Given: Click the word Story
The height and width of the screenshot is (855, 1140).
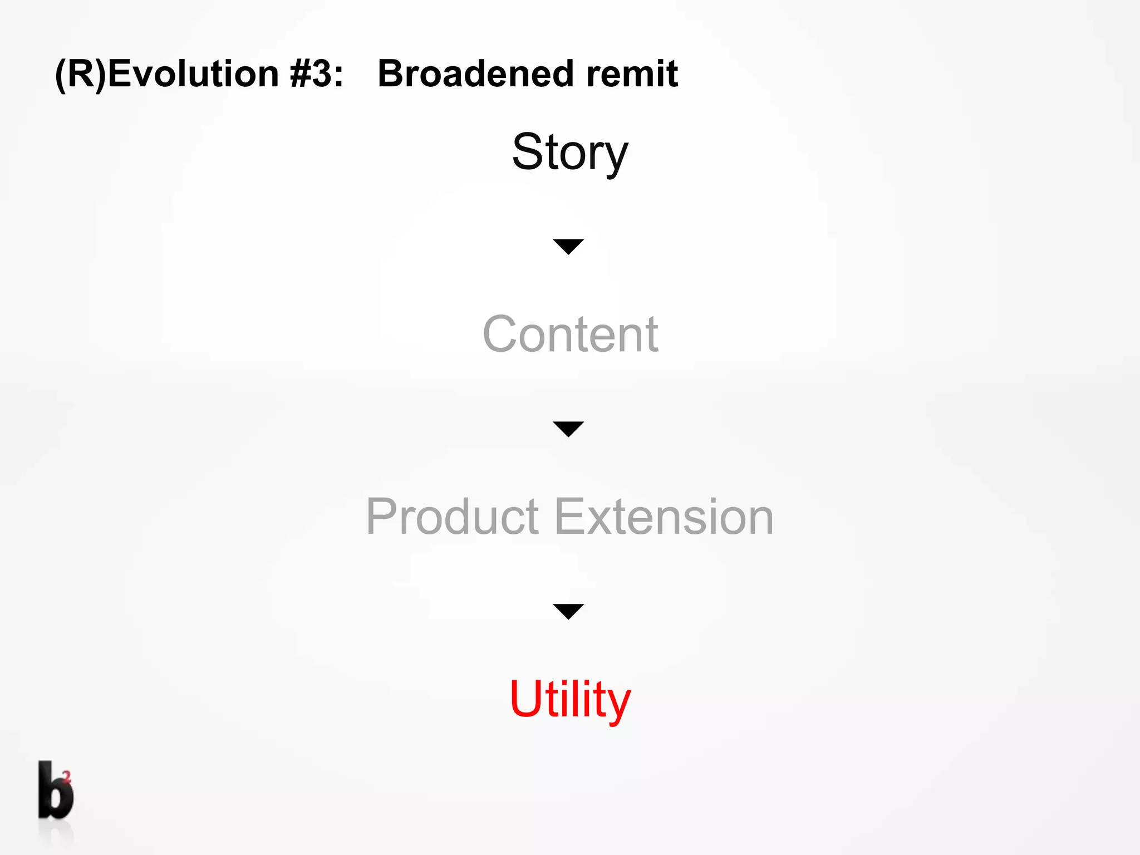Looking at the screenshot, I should coord(570,153).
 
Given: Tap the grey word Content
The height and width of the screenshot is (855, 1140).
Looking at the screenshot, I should coord(570,334).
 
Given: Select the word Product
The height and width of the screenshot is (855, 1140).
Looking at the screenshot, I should coord(452,517).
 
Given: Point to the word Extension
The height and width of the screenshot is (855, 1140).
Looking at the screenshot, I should coord(664,517).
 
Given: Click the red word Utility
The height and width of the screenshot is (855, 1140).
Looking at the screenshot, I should coord(570,699).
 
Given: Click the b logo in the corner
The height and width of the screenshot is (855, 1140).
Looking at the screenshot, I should coord(55,790).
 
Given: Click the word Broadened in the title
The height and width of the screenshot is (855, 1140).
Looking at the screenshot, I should coord(476,73).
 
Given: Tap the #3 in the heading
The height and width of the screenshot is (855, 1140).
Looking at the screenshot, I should coord(311,73).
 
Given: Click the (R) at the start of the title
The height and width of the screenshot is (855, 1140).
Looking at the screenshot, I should coord(80,75).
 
